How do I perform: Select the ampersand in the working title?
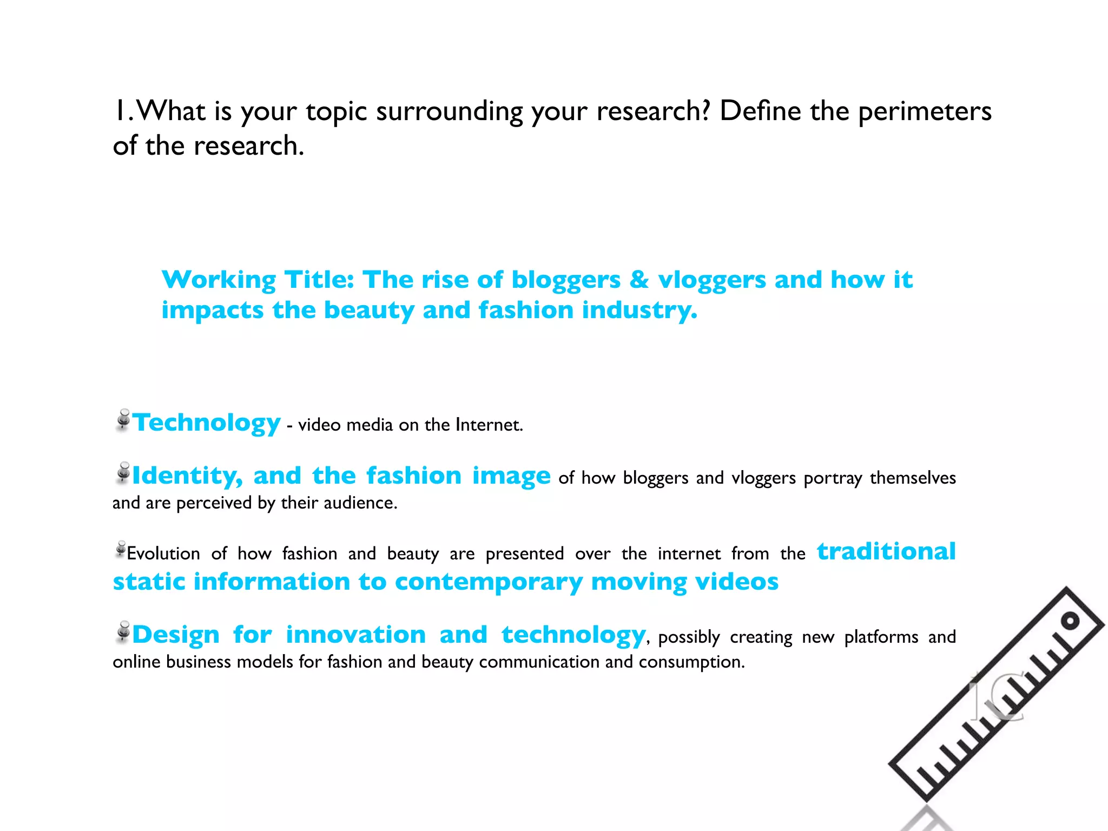tap(639, 280)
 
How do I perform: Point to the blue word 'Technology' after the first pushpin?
tap(206, 423)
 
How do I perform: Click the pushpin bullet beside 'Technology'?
tap(123, 420)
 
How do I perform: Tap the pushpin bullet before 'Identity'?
tap(123, 473)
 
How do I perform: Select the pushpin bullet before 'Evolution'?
tap(121, 549)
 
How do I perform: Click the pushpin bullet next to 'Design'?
tap(123, 632)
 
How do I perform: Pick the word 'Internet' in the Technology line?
tap(488, 425)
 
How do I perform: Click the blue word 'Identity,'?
tap(187, 476)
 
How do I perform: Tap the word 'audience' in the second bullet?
tap(359, 503)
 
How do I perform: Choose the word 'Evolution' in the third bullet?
tap(163, 553)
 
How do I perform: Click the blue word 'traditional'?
tap(886, 551)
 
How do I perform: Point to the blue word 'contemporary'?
tap(489, 583)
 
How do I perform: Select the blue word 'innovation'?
tap(355, 635)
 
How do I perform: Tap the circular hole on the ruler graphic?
tap(1070, 621)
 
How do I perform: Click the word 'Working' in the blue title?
tap(219, 281)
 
